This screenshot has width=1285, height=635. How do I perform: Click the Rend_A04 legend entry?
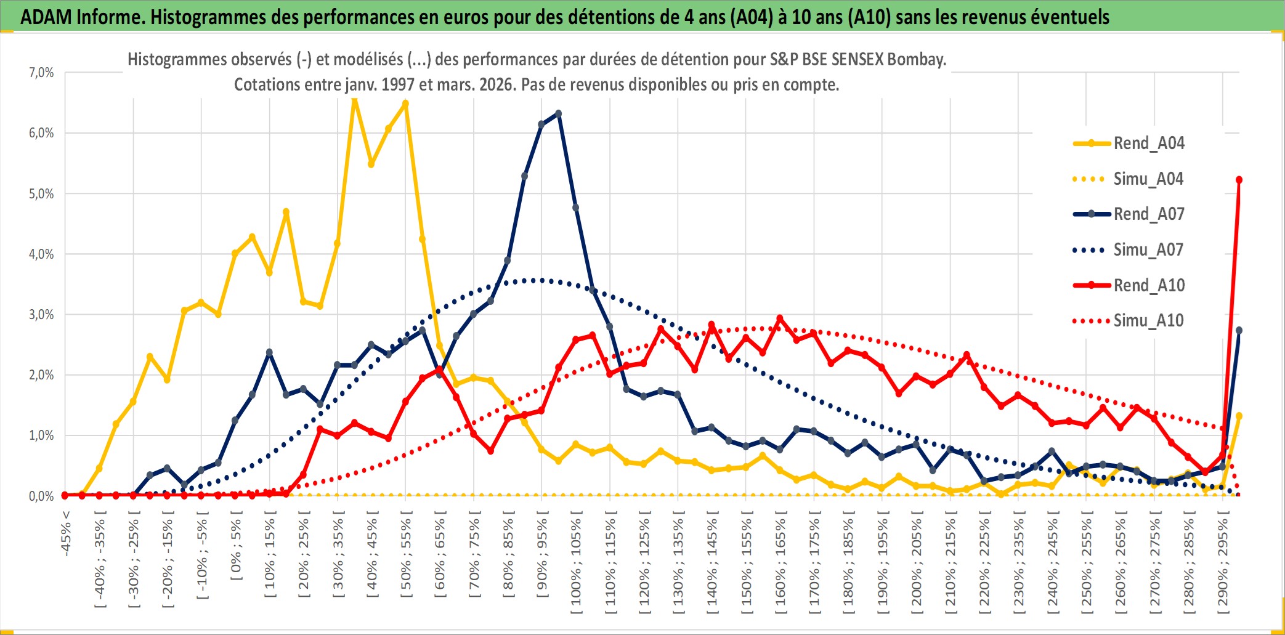(1148, 144)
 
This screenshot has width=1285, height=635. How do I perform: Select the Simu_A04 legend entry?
(1148, 179)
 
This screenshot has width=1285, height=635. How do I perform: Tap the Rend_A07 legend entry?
(1148, 214)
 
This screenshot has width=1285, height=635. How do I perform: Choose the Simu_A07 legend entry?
(1148, 250)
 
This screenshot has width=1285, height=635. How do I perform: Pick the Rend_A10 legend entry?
(1148, 286)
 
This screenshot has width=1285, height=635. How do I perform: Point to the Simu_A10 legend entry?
(1148, 321)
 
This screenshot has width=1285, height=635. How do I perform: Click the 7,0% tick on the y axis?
(41, 73)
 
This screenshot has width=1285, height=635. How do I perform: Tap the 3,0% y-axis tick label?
(41, 315)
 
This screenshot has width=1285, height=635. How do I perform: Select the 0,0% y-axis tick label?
(41, 496)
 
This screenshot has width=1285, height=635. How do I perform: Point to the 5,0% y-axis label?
(41, 194)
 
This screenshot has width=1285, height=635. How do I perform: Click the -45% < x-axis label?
(67, 533)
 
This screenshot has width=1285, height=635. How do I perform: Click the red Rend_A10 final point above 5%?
(1239, 180)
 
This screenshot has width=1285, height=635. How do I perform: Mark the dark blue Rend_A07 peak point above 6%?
(558, 113)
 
